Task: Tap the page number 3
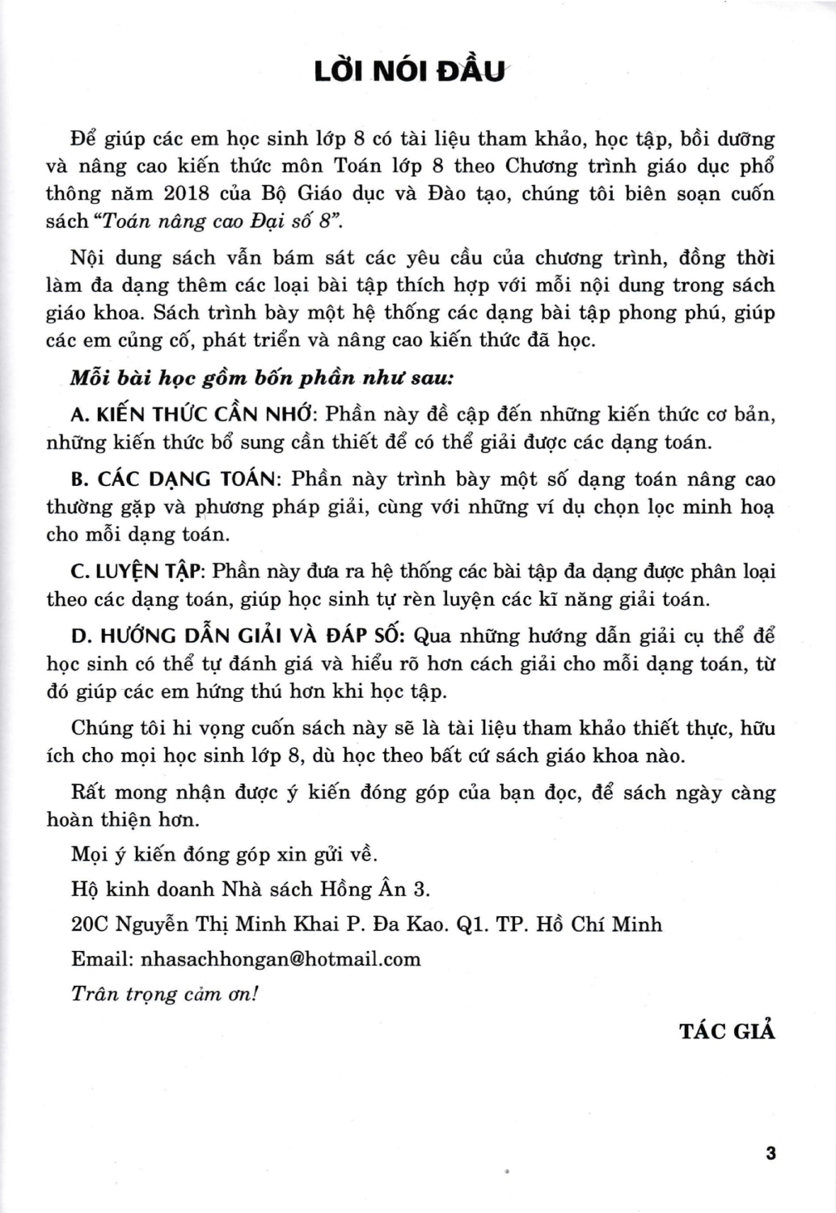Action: pyautogui.click(x=770, y=1152)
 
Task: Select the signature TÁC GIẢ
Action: pyautogui.click(x=727, y=1031)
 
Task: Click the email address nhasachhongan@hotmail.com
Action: pyautogui.click(x=281, y=959)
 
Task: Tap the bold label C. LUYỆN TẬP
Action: pyautogui.click(x=141, y=572)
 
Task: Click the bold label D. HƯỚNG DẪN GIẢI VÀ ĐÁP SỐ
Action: pyautogui.click(x=243, y=636)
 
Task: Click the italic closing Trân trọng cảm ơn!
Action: pyautogui.click(x=164, y=994)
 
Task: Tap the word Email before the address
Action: pyautogui.click(x=103, y=959)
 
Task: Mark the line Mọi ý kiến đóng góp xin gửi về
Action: pyautogui.click(x=224, y=854)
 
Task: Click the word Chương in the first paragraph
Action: pyautogui.click(x=542, y=167)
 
